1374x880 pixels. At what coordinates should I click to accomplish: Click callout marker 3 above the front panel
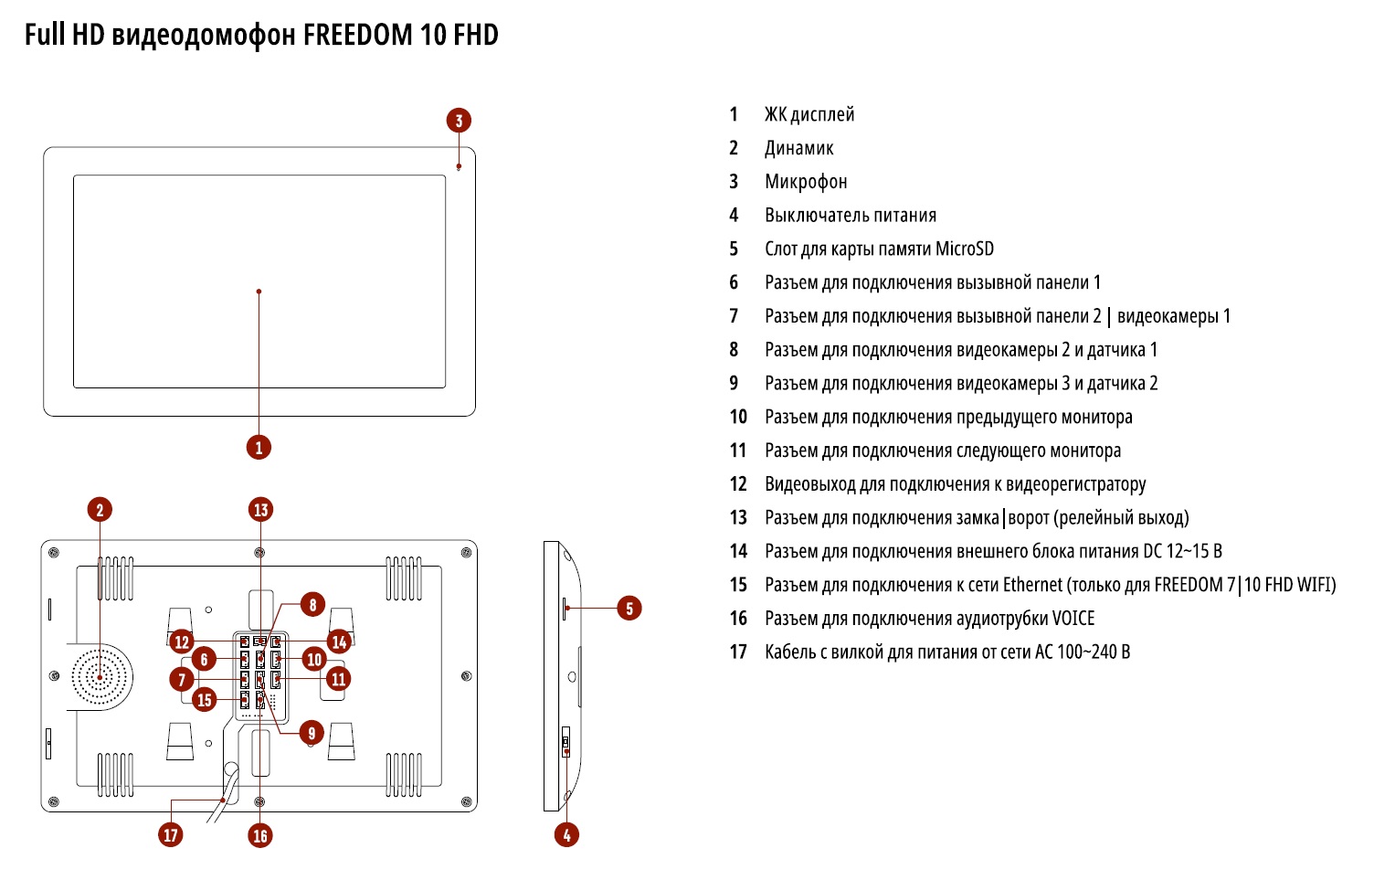click(459, 120)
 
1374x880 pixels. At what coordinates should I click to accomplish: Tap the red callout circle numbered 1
click(259, 447)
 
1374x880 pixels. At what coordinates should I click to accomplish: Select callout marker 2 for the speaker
click(100, 509)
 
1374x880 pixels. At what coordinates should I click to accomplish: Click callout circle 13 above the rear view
click(261, 509)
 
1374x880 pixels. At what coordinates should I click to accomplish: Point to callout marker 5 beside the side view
click(629, 608)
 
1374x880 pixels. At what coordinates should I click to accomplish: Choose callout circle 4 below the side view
click(566, 833)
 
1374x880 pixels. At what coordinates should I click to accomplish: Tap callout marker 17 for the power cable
click(171, 833)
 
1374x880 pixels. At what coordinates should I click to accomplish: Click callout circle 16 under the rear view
click(260, 834)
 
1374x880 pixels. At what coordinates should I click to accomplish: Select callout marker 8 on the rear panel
click(312, 605)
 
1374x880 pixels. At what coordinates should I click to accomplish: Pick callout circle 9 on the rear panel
click(312, 732)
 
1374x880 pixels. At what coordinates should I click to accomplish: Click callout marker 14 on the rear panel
click(340, 641)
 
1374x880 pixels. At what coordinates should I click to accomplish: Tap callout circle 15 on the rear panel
click(204, 700)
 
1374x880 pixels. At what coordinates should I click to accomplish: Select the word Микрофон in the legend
click(806, 181)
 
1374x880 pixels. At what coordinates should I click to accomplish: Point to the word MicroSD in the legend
click(964, 249)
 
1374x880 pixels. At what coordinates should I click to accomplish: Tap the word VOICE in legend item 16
click(1073, 619)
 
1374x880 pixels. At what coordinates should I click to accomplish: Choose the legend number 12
click(738, 484)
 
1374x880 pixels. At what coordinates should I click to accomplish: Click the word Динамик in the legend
click(798, 148)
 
